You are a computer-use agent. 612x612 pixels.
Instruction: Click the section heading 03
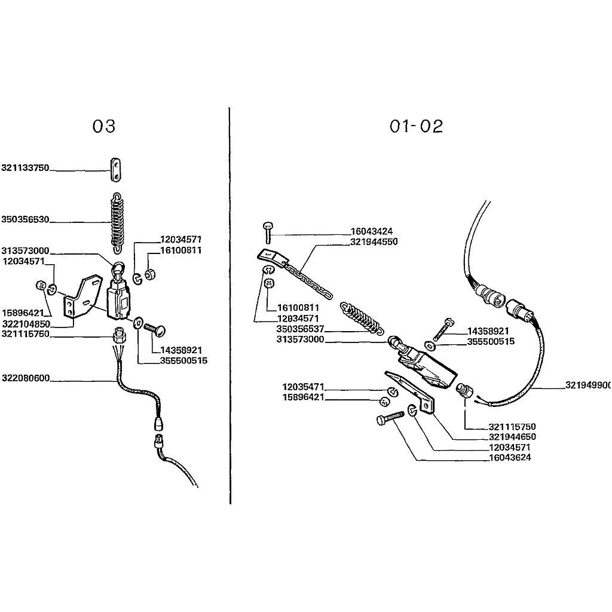(104, 126)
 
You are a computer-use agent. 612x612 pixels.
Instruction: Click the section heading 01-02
(416, 126)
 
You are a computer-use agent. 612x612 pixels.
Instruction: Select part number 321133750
(25, 168)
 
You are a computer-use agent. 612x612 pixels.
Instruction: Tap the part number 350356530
(25, 219)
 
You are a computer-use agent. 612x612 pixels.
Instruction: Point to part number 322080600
(26, 378)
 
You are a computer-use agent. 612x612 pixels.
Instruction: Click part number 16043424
(372, 231)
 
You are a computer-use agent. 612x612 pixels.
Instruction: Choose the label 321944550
(374, 242)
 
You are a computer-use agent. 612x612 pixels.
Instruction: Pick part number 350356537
(300, 329)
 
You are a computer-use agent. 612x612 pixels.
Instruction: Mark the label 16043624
(510, 457)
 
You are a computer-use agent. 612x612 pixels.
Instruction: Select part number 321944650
(512, 437)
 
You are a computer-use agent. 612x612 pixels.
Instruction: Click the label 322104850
(26, 324)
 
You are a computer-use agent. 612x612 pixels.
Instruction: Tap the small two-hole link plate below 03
(115, 170)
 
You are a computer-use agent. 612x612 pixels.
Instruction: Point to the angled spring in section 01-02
(361, 317)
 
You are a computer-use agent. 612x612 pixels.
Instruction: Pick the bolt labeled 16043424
(268, 232)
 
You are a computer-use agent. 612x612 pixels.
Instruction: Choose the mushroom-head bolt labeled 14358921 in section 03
(155, 330)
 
